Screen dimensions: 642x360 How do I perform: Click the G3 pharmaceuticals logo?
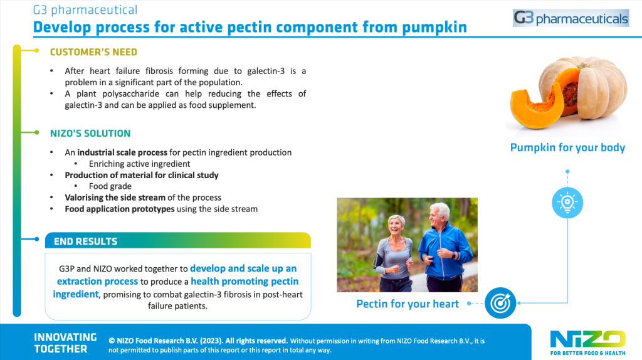click(571, 18)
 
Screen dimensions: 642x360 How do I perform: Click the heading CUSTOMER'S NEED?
click(93, 52)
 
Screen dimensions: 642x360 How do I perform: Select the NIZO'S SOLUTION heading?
click(90, 134)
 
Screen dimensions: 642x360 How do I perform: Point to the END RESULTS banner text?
click(85, 241)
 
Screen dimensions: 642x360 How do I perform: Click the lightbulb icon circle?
click(567, 203)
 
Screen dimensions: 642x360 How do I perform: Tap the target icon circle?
click(500, 303)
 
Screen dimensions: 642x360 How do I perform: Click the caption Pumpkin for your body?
click(567, 147)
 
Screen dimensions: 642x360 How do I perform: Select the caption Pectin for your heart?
click(408, 304)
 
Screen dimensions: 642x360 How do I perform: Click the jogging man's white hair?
click(439, 209)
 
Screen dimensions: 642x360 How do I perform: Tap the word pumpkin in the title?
click(434, 28)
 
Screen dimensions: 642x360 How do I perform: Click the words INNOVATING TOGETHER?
click(65, 343)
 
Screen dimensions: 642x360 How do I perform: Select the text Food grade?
click(110, 186)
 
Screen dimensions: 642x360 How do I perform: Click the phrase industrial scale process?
click(122, 152)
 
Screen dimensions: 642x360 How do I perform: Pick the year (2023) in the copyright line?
click(211, 341)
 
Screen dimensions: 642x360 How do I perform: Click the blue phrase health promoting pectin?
click(245, 282)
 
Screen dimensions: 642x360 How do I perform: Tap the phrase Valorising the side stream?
click(115, 198)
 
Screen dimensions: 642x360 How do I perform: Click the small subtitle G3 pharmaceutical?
click(85, 10)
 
